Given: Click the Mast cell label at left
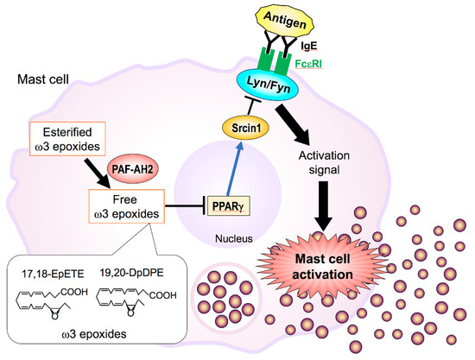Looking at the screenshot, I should click(x=43, y=83).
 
